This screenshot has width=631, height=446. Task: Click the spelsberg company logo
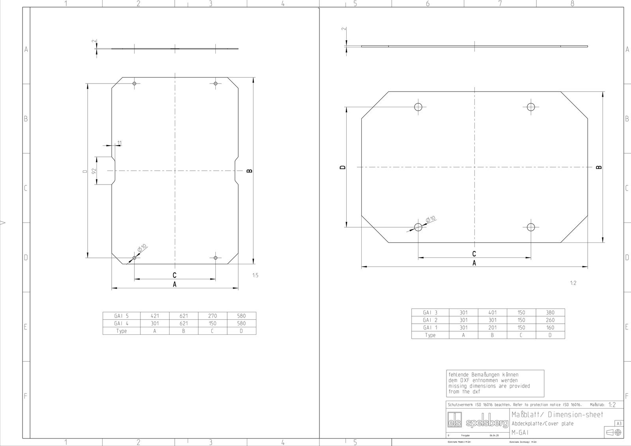coord(478,424)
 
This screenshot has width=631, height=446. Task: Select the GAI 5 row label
coord(121,316)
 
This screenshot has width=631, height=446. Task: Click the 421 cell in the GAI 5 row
coord(155,316)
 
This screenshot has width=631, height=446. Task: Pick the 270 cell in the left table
coord(213,316)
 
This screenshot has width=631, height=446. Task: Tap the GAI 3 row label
coord(430,312)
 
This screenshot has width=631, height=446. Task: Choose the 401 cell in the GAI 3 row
coord(492,312)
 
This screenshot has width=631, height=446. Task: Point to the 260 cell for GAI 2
coord(550,320)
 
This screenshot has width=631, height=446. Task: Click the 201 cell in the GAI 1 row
coord(492,327)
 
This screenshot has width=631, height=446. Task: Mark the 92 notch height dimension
coord(94,171)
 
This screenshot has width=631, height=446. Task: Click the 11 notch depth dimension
coord(119,143)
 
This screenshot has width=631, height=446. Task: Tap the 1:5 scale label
coord(255,275)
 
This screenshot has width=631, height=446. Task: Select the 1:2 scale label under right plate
coord(573,283)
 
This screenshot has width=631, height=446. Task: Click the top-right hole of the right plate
coord(531,107)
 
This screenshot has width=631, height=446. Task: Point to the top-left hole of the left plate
coord(134,84)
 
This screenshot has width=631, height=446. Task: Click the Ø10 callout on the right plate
coord(430,219)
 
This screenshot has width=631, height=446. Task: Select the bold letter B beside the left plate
coord(249,171)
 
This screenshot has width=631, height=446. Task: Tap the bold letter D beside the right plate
coord(343,167)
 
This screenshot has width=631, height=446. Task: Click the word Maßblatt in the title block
coord(527,414)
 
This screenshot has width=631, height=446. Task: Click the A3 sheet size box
coord(619,424)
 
